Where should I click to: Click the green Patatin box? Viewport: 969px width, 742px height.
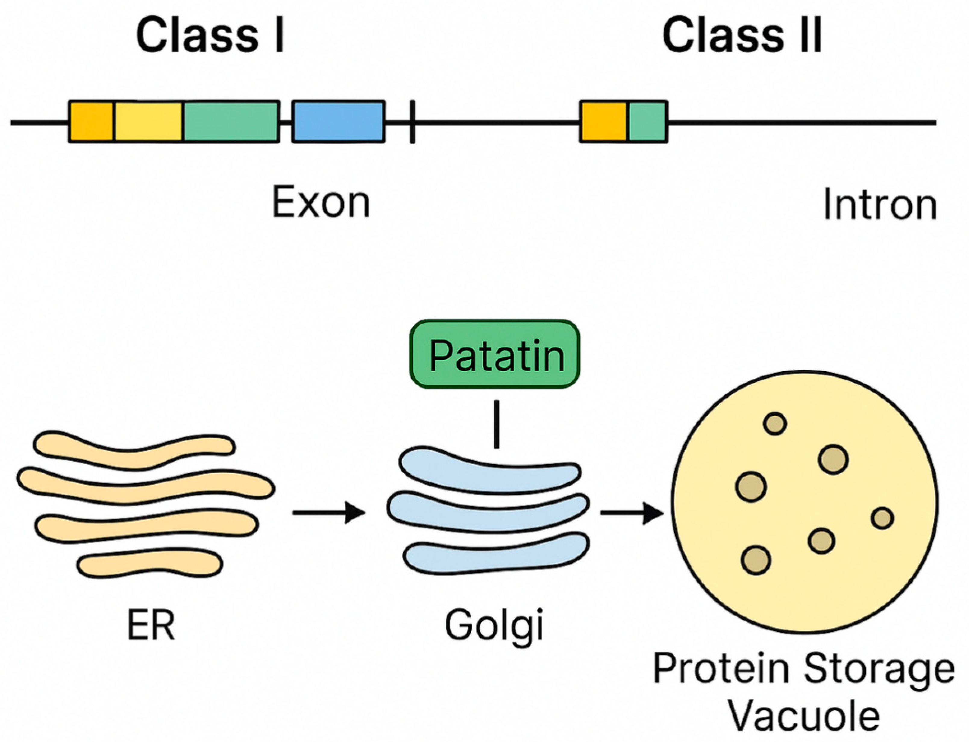(x=495, y=355)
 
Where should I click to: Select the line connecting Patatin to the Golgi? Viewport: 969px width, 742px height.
(x=497, y=424)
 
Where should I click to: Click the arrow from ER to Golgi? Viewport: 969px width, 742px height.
(x=329, y=513)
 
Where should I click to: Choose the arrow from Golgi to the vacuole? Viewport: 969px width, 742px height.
(x=632, y=513)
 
